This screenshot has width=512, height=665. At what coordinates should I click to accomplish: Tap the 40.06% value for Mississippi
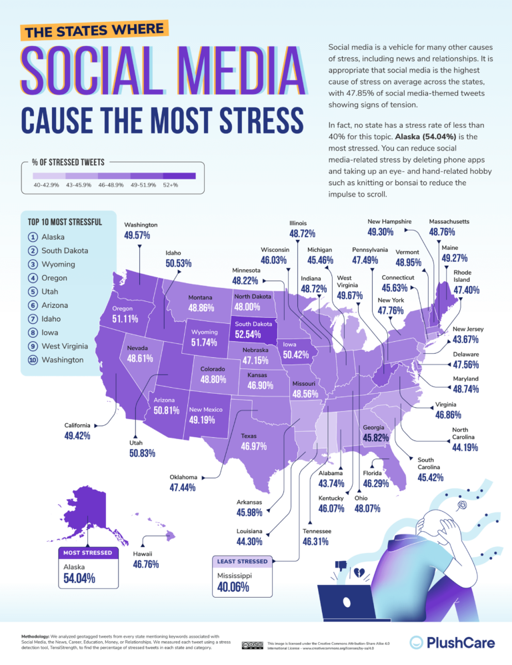233,587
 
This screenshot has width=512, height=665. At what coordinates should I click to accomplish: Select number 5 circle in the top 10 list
33,292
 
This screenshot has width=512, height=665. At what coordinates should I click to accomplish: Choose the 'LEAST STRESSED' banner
243,561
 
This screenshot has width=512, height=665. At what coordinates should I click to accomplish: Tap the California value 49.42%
77,436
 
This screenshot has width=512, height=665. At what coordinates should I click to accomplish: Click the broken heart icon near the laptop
359,572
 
